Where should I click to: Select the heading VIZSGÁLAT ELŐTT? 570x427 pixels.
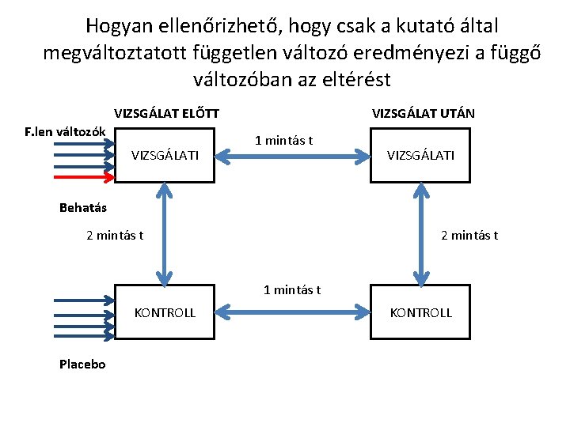pos(167,113)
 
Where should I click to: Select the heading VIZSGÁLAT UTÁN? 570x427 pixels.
pos(424,113)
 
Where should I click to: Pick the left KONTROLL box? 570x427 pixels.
pos(165,312)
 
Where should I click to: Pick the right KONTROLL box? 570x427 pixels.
pos(420,312)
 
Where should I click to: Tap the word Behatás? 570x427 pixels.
pos(83,209)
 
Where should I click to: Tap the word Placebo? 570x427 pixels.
pos(82,364)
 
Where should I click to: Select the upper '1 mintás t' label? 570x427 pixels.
pos(284,141)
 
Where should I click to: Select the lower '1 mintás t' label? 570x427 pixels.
pos(292,289)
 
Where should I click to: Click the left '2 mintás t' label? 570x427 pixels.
pos(115,235)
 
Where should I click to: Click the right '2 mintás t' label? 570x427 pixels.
pos(469,235)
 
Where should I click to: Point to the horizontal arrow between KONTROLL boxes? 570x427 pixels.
pos(292,313)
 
